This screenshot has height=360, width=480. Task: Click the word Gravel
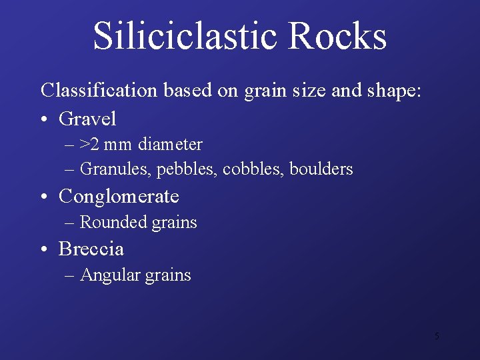(x=87, y=119)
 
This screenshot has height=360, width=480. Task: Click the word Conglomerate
(x=119, y=197)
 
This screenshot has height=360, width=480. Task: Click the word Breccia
(x=91, y=249)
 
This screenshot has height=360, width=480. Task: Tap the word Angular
(x=109, y=275)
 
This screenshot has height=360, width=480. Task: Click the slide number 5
(x=437, y=336)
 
